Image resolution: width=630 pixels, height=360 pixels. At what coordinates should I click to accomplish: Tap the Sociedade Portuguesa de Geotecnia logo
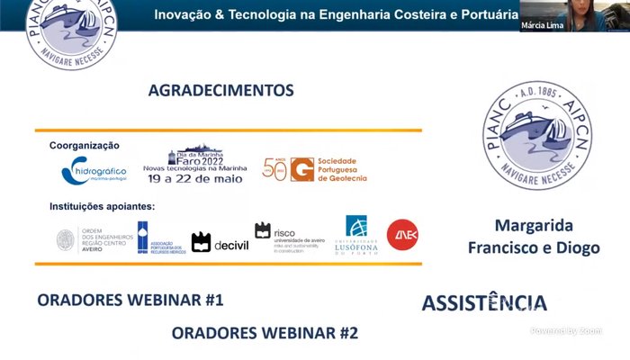tap(315, 169)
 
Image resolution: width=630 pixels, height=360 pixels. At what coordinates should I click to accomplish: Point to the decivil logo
tap(217, 242)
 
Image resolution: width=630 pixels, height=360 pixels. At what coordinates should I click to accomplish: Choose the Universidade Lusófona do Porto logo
tap(356, 238)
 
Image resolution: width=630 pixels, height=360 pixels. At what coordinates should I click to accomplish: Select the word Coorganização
tap(85, 145)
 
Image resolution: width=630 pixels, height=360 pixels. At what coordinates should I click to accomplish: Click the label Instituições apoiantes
tap(102, 206)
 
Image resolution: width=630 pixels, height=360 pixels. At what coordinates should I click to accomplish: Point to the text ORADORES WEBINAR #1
tap(130, 300)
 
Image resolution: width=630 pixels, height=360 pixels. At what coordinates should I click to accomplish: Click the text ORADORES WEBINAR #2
tap(265, 333)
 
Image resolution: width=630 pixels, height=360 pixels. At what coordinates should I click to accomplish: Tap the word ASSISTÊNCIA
tap(484, 303)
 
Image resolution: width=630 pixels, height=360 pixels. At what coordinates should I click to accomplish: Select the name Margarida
tap(534, 225)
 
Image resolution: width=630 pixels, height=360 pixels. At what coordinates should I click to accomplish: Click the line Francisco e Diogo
tap(534, 247)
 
